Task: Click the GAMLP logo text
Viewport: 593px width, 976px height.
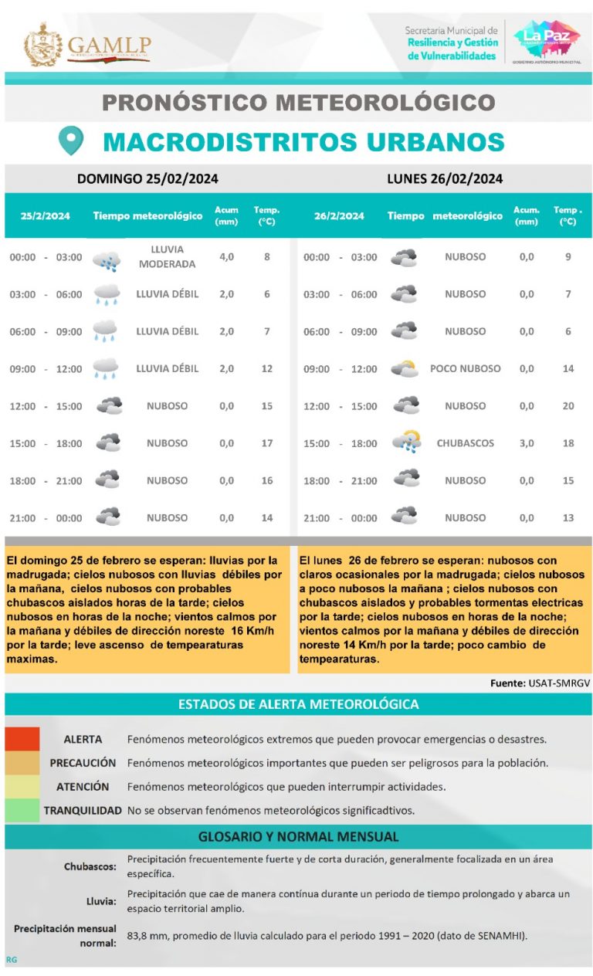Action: pos(109,45)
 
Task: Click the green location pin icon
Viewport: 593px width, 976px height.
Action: pos(71,141)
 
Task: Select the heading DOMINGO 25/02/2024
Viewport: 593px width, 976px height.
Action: pos(147,179)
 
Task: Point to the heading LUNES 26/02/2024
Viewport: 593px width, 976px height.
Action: pos(445,179)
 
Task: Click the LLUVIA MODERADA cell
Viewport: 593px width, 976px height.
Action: pos(167,257)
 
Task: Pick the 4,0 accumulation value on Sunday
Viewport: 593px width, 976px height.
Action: pos(226,257)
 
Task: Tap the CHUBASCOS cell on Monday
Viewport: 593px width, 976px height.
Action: pos(465,443)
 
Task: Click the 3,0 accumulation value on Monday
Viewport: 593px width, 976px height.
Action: pos(526,443)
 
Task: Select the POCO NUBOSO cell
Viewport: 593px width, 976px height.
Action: pos(465,369)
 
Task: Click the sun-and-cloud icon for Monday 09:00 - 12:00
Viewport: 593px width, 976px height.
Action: pos(405,369)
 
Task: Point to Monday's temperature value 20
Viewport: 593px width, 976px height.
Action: pos(568,406)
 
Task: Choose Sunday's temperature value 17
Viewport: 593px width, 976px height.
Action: pos(267,443)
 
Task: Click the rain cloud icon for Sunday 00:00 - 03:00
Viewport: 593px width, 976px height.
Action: pos(107,260)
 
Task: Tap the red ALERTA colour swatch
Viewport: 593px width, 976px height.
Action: pos(22,739)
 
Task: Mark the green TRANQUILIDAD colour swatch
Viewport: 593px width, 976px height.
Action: pos(22,810)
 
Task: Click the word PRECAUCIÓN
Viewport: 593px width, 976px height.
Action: pos(83,763)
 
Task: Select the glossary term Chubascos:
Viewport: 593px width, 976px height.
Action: pos(90,866)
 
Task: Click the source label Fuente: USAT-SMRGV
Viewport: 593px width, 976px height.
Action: pos(540,683)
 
